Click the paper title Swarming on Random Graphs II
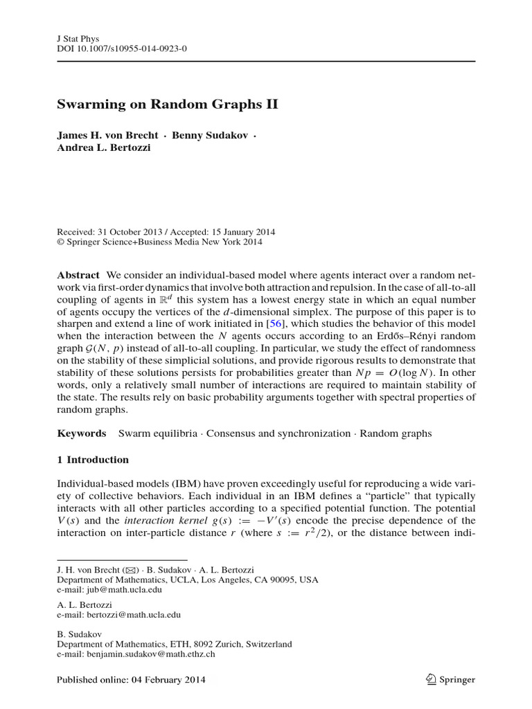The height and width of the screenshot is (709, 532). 166,105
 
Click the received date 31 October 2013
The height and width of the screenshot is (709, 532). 128,232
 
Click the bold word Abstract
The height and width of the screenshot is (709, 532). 78,275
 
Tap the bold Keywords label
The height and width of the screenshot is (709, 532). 81,433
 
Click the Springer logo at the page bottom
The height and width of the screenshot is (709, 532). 450,680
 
